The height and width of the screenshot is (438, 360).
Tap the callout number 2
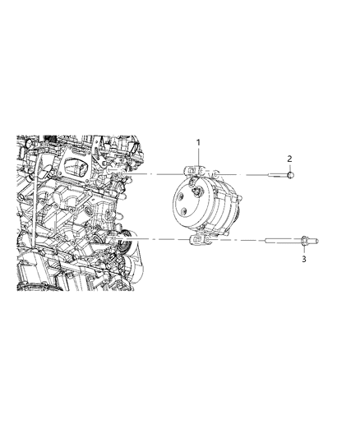click(289, 158)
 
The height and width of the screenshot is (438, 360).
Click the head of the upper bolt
click(291, 175)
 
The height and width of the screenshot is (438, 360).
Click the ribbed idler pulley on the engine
click(123, 243)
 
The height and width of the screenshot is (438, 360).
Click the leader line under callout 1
click(197, 157)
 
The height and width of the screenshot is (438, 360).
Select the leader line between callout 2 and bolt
click(290, 166)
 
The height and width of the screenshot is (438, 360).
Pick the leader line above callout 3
click(303, 250)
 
